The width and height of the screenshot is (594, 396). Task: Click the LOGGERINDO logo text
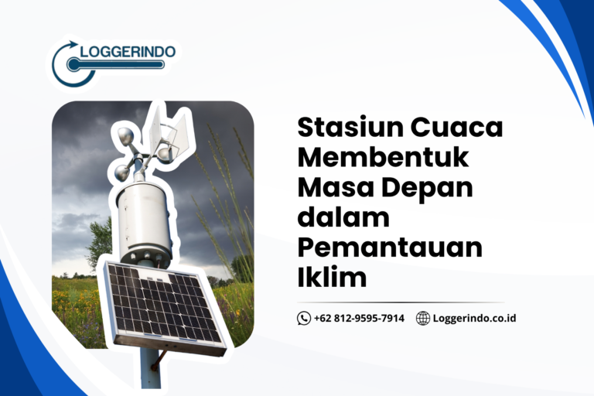point(127,52)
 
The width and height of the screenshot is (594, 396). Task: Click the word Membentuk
point(383,158)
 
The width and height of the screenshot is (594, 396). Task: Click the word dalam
point(343,217)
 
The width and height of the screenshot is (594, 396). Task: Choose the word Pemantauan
point(390,247)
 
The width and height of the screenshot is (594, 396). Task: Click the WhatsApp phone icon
point(304,318)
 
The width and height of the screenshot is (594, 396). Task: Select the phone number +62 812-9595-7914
point(359,318)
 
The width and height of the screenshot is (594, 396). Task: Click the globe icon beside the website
point(423,318)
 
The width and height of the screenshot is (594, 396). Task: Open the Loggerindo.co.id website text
point(474,318)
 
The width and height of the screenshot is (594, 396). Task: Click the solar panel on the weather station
point(164,304)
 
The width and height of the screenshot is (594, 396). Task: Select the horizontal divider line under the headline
point(401,302)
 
